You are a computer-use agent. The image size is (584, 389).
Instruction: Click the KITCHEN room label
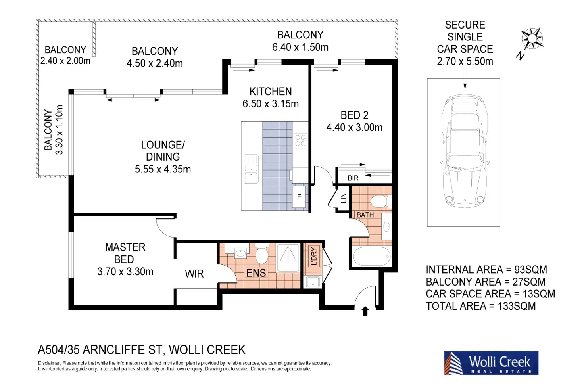click(x=271, y=92)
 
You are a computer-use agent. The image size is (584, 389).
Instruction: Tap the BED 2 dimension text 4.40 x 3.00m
click(x=354, y=127)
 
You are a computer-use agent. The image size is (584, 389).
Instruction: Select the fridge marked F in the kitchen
click(x=299, y=197)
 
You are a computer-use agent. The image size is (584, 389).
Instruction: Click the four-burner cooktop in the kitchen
click(x=300, y=140)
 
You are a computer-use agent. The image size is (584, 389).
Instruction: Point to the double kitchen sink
click(x=251, y=169)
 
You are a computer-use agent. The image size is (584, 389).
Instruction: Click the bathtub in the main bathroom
click(x=372, y=257)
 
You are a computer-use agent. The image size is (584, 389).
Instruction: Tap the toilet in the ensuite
click(x=261, y=253)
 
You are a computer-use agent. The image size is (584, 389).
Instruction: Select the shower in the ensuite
click(x=288, y=258)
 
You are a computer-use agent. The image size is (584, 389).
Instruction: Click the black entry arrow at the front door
click(x=365, y=311)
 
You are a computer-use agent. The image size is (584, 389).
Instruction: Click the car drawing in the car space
click(x=465, y=151)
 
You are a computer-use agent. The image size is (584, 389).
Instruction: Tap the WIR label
click(x=194, y=274)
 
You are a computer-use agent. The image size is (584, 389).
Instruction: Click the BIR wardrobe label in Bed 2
click(x=353, y=178)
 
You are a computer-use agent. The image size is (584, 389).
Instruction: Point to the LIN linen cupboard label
click(x=344, y=198)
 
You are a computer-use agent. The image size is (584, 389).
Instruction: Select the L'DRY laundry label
click(x=314, y=256)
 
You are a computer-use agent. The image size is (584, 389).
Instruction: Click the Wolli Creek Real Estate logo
click(x=491, y=363)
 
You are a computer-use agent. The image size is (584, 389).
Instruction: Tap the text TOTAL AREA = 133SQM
click(x=481, y=306)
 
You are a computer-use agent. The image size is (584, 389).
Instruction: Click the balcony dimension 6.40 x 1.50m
click(x=300, y=47)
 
